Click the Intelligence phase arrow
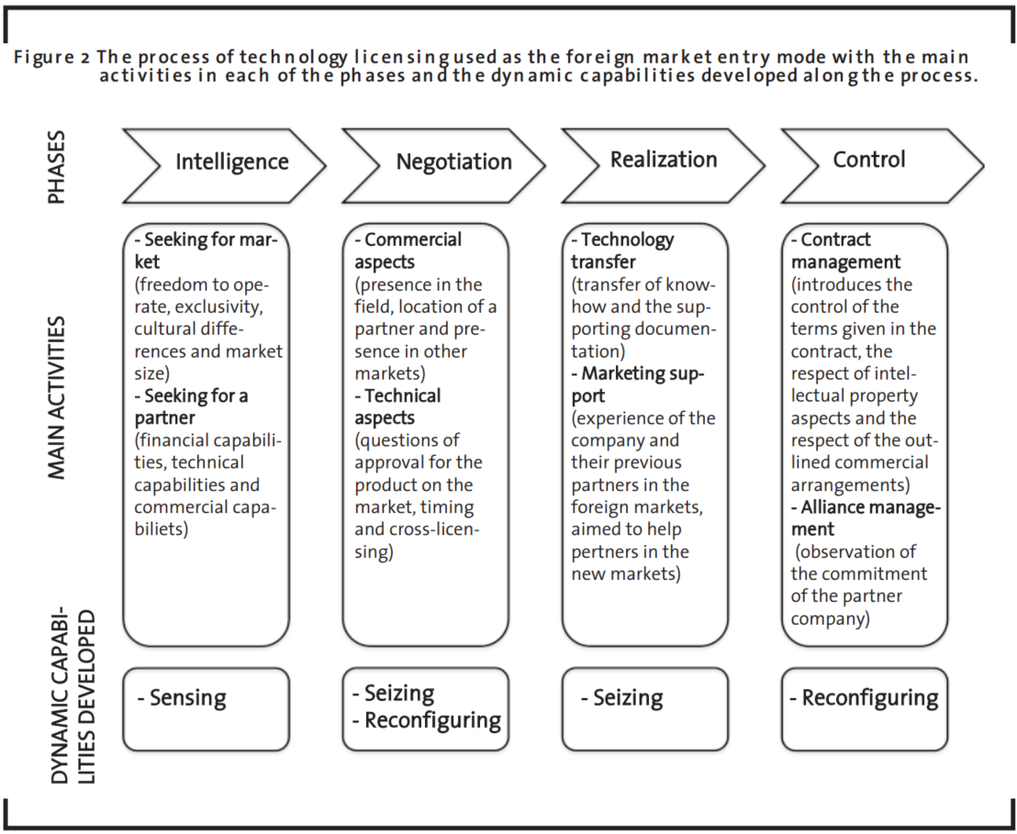(x=224, y=165)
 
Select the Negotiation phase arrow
(x=443, y=165)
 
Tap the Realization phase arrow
(x=664, y=165)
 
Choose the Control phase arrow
(x=883, y=165)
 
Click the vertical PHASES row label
(x=56, y=167)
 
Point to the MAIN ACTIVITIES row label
(x=57, y=397)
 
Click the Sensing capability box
(x=207, y=709)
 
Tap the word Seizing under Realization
(x=628, y=698)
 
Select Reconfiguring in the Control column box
(x=870, y=698)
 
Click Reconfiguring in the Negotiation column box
(x=432, y=720)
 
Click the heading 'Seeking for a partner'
(x=191, y=406)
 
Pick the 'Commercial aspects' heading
(x=408, y=250)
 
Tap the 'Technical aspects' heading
(x=397, y=406)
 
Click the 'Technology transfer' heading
(x=622, y=250)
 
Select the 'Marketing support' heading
(x=638, y=384)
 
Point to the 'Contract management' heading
(x=845, y=250)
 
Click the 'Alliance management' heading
(x=866, y=518)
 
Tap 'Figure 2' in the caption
(x=52, y=57)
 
